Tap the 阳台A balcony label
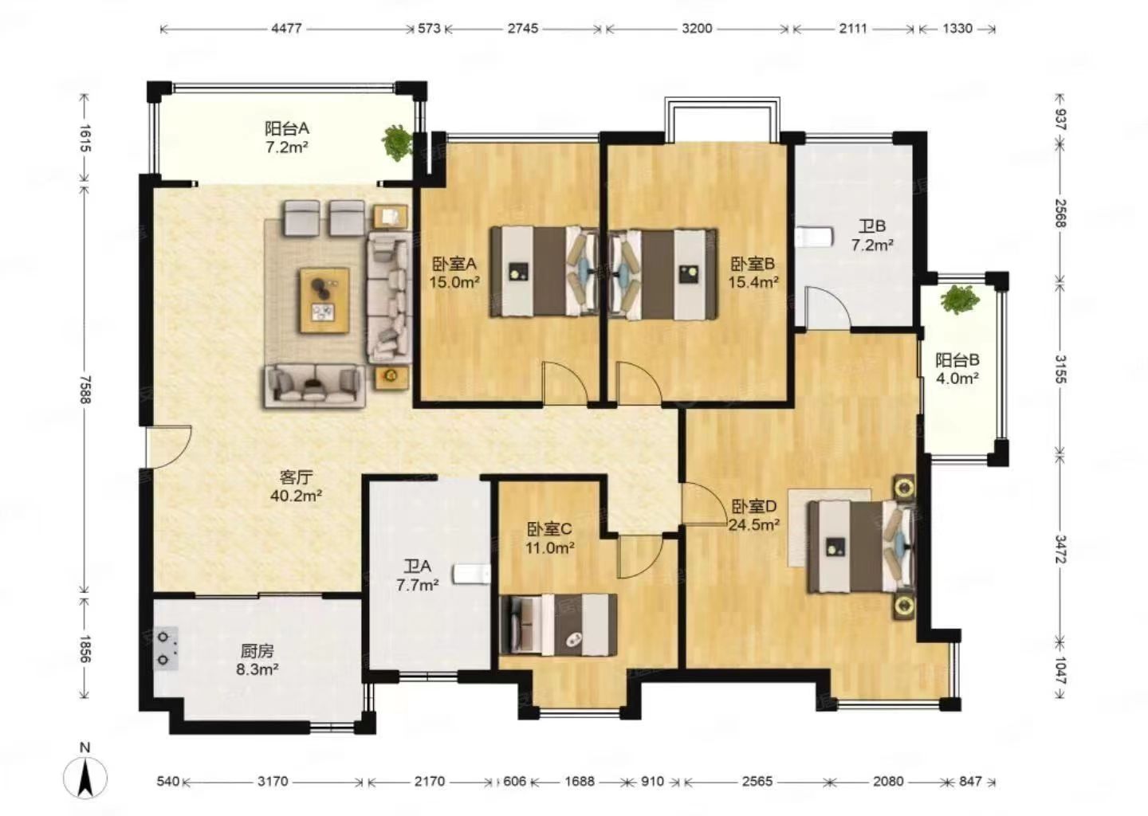[x=287, y=128]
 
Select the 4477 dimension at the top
[x=286, y=29]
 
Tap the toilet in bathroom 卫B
[x=815, y=237]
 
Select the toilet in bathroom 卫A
[x=472, y=574]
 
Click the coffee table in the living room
[x=324, y=300]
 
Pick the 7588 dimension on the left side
[x=85, y=390]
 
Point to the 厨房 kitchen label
[x=258, y=651]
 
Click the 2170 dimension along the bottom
[x=430, y=782]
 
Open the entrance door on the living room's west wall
[x=168, y=446]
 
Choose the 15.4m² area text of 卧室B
[x=754, y=282]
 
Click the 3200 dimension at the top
[x=697, y=29]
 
